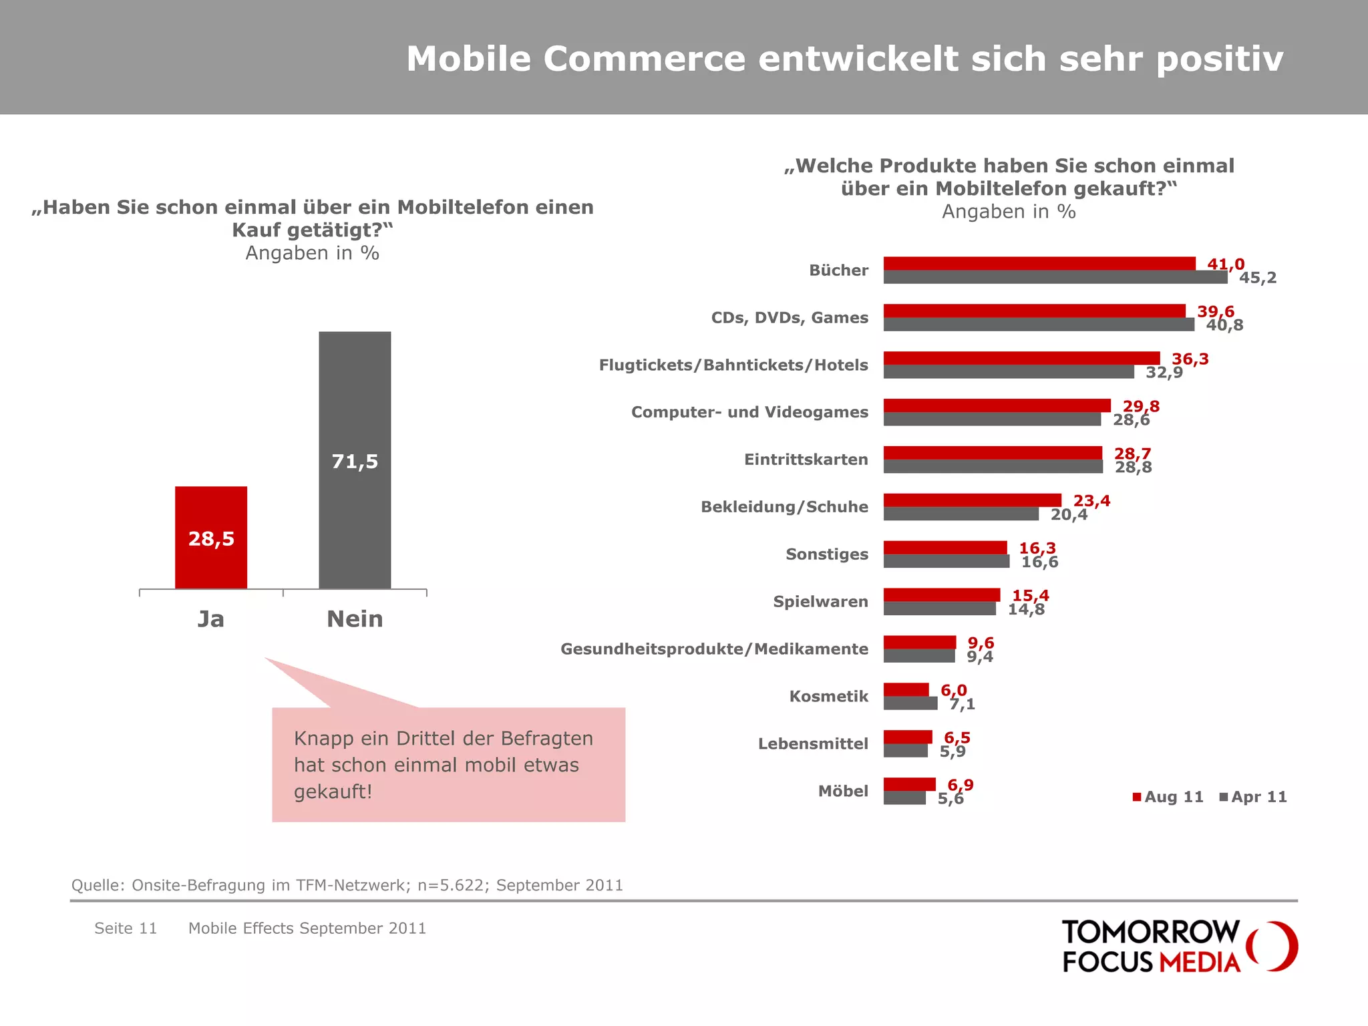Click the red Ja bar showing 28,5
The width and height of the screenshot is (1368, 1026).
[x=211, y=538]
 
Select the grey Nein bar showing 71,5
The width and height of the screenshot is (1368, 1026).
[x=355, y=460]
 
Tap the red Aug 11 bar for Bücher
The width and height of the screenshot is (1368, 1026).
[x=1039, y=264]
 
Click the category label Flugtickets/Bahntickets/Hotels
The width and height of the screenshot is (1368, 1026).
[x=733, y=365]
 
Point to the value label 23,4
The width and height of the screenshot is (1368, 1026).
[x=1091, y=501]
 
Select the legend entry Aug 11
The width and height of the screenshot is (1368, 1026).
[x=1168, y=797]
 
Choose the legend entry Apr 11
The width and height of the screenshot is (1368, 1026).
[x=1254, y=797]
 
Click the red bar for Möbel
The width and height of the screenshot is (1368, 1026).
[x=909, y=784]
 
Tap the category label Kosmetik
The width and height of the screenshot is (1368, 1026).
[x=828, y=697]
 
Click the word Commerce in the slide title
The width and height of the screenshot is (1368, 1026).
[x=644, y=59]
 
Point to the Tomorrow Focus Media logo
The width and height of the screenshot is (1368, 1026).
[x=1178, y=947]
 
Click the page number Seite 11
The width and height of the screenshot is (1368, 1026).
[x=126, y=928]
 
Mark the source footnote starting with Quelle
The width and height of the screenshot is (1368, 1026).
[x=347, y=885]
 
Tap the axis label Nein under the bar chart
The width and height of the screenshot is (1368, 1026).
[x=355, y=619]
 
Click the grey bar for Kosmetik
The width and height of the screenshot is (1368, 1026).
[x=910, y=703]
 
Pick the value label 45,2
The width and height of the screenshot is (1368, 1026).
[x=1257, y=278]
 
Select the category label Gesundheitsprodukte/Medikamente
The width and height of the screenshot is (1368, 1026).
[x=714, y=649]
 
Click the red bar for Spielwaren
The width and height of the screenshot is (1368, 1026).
[x=941, y=595]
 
